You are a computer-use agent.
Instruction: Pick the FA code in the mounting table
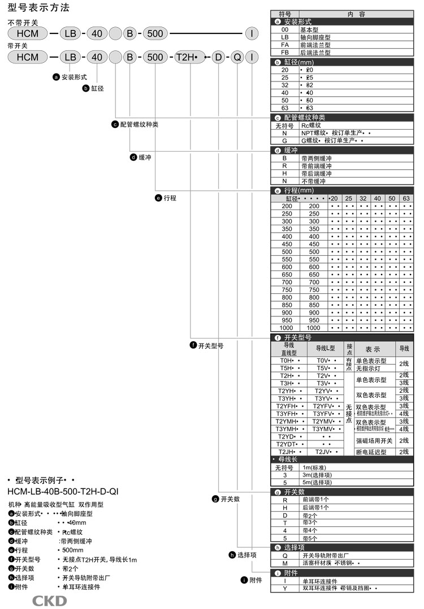coord(285,44)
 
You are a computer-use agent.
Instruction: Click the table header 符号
coord(285,14)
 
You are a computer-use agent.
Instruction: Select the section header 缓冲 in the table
coord(291,151)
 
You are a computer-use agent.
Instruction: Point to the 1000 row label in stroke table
coord(287,328)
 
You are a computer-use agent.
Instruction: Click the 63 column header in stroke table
coord(406,199)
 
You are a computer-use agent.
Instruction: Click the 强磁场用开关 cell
coord(374,440)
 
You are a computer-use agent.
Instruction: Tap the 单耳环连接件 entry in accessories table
coord(321,581)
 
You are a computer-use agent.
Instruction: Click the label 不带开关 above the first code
coord(23,22)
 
